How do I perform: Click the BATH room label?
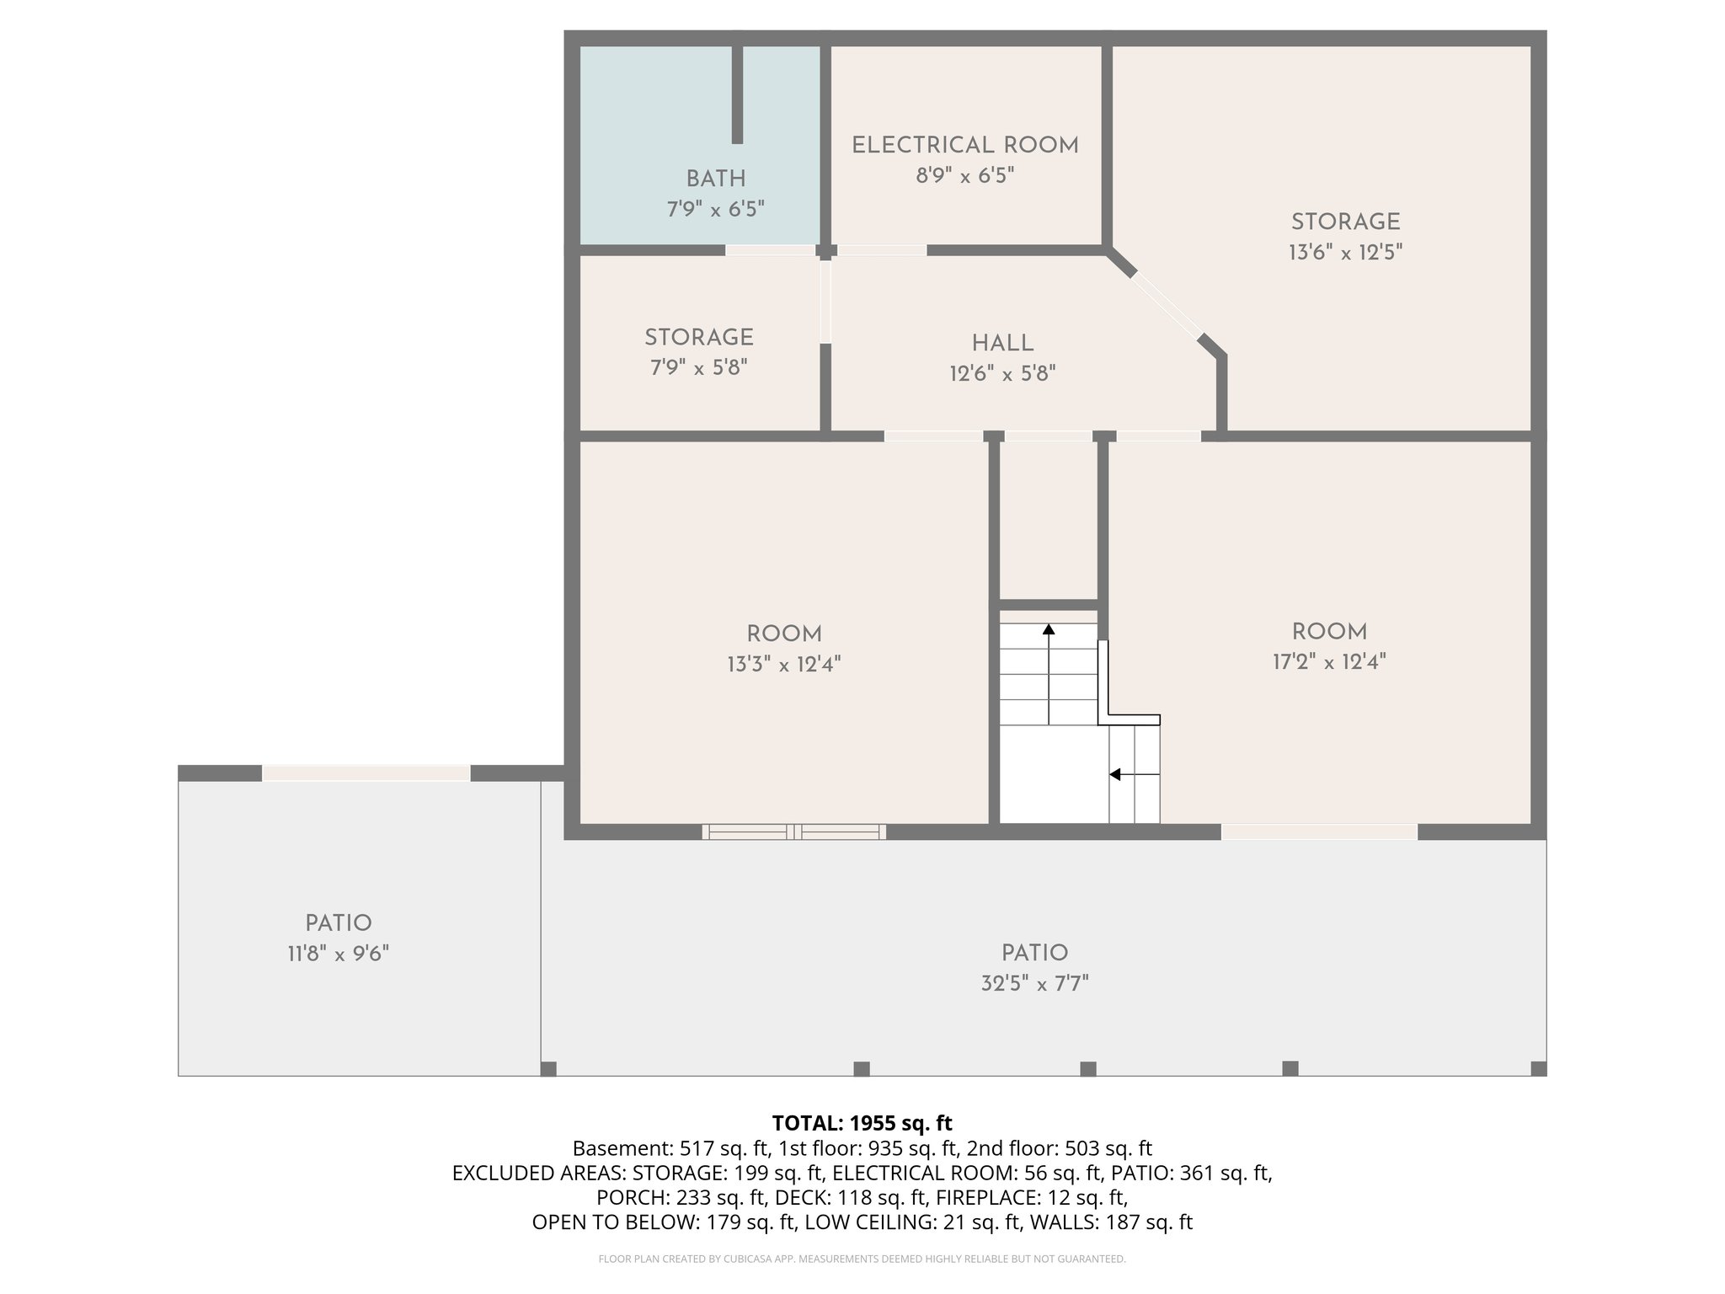tap(715, 179)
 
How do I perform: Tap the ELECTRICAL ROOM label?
tap(964, 146)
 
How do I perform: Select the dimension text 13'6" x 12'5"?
tap(1345, 253)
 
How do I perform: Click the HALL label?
tap(1002, 344)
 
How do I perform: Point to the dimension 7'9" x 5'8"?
tap(698, 368)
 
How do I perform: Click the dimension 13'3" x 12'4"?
tap(783, 665)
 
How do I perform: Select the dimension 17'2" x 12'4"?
tap(1328, 662)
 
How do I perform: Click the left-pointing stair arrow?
tap(1116, 774)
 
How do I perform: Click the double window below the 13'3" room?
tap(793, 832)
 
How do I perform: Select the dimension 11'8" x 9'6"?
tap(338, 954)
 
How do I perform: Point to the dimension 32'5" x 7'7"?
tap(1034, 984)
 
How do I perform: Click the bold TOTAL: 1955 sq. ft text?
tap(862, 1123)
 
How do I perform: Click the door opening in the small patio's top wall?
tap(366, 773)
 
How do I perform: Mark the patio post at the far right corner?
tap(1538, 1068)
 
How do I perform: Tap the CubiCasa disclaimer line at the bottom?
tap(862, 1259)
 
